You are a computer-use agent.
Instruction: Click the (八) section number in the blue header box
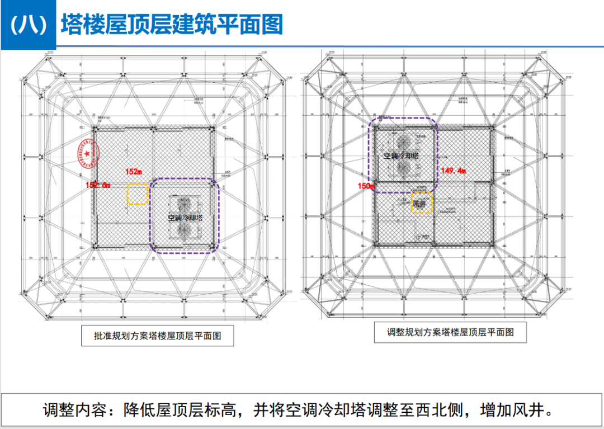[x=28, y=25]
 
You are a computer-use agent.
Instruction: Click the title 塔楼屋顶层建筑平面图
[x=172, y=25]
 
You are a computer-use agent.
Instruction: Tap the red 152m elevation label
[x=133, y=171]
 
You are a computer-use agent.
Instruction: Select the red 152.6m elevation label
[x=98, y=185]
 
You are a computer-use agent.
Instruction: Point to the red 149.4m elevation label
[x=454, y=171]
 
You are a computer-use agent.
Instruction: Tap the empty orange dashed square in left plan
[x=136, y=194]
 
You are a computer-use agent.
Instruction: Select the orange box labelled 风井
[x=422, y=204]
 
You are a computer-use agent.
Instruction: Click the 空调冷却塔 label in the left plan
[x=184, y=218]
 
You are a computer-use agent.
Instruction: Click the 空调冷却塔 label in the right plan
[x=401, y=155]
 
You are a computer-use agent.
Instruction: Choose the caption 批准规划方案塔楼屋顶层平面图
[x=158, y=336]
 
